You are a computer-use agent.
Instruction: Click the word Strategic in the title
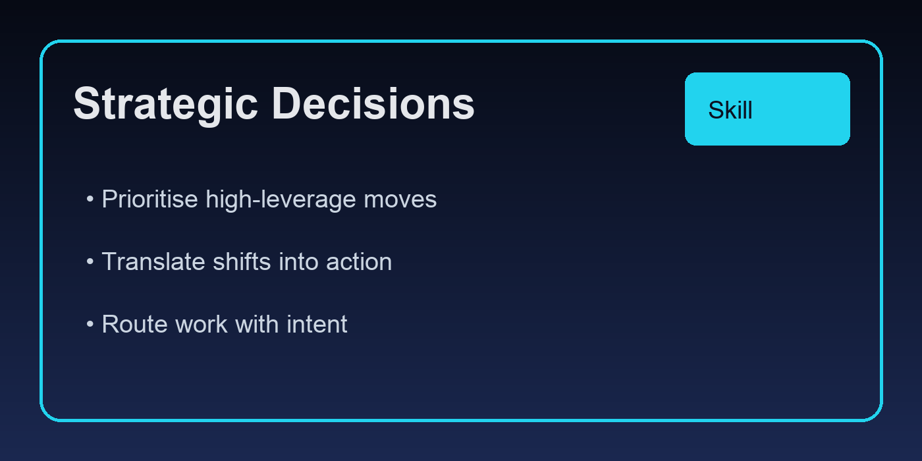pos(165,104)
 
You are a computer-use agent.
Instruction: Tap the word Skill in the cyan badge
pos(730,110)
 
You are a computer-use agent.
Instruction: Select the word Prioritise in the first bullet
pos(149,199)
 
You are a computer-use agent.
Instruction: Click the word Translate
pos(153,261)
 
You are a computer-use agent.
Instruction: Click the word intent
pos(317,324)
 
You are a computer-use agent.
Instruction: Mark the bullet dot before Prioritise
pos(90,200)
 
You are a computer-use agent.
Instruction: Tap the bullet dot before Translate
pos(90,262)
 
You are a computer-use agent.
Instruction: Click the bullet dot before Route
pos(90,325)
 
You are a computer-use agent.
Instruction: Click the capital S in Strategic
pos(86,104)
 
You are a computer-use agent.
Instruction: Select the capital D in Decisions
pos(287,104)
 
